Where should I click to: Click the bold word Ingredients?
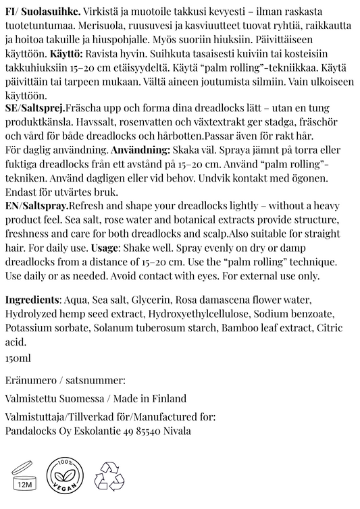pos(32,300)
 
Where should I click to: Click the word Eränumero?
pos(30,380)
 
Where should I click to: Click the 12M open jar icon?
pos(24,475)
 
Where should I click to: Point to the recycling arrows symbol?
pos(108,475)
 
